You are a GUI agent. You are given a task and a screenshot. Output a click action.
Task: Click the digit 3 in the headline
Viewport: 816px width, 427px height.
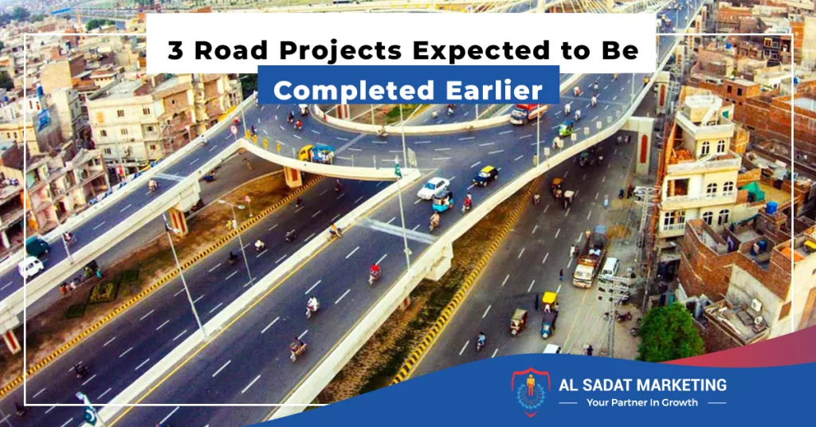(x=175, y=50)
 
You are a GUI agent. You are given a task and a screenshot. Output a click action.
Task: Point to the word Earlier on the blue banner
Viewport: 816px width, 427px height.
(x=494, y=90)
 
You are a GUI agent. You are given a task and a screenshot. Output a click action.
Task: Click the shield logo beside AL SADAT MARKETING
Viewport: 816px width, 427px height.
(x=530, y=392)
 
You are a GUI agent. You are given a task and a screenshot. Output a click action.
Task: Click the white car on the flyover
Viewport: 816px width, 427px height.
(x=433, y=188)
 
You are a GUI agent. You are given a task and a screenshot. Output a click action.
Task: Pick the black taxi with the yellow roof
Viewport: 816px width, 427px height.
(x=485, y=176)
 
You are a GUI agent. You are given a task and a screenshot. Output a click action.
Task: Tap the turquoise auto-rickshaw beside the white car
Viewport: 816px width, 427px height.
(x=442, y=201)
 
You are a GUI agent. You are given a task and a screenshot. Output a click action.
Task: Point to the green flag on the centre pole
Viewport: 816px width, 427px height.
(x=398, y=169)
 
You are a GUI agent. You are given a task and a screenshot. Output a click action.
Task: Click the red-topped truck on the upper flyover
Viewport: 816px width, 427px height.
(x=528, y=114)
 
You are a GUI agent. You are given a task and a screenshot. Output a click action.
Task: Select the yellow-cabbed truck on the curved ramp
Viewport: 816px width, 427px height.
(x=316, y=154)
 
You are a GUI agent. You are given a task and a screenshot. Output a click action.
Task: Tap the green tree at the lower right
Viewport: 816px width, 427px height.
(x=670, y=333)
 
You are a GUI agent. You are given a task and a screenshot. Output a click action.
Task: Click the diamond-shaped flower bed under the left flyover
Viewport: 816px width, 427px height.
(x=104, y=292)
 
